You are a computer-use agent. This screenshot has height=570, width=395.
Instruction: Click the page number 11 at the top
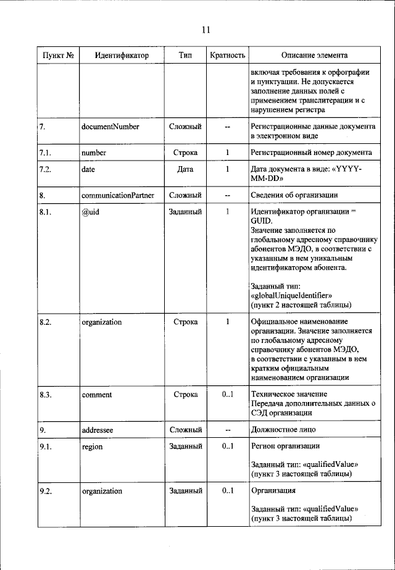tap(206, 29)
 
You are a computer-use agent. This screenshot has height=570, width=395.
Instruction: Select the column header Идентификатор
tap(122, 56)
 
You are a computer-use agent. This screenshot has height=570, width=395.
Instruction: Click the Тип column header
tap(185, 56)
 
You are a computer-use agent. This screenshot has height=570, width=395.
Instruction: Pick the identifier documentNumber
tap(110, 127)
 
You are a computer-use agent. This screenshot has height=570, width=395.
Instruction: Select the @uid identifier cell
tap(91, 212)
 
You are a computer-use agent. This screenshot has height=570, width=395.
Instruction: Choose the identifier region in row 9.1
tap(92, 446)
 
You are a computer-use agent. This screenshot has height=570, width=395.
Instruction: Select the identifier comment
tap(96, 394)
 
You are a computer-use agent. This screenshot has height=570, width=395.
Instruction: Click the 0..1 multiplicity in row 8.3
tap(227, 394)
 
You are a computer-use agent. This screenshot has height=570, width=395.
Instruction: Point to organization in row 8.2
tap(101, 322)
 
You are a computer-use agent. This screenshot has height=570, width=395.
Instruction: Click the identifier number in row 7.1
tap(94, 151)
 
